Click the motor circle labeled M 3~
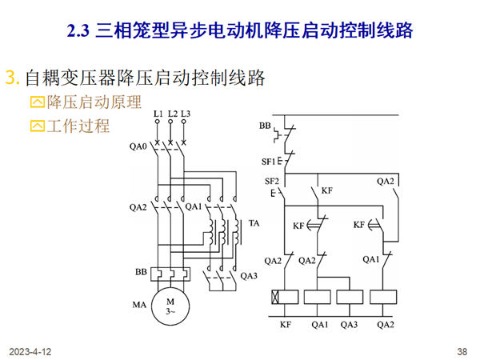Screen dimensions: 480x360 (170, 306)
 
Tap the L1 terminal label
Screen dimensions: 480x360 (158, 114)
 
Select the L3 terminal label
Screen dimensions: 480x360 (186, 114)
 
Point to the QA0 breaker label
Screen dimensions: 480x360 (138, 146)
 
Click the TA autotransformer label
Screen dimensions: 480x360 (254, 223)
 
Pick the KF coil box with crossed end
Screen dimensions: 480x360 (285, 297)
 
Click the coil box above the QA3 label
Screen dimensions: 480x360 (350, 297)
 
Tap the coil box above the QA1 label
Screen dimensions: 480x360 (318, 297)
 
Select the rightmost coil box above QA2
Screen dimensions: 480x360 (383, 297)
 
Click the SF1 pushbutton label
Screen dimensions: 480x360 (269, 162)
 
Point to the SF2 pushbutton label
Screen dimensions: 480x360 (272, 182)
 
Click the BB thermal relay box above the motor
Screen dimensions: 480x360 (170, 274)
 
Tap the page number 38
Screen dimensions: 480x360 (462, 352)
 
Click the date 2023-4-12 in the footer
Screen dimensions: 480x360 (30, 352)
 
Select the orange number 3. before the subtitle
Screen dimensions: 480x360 (13, 78)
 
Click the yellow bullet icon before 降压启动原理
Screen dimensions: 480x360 (38, 102)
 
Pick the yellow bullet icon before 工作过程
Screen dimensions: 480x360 (38, 126)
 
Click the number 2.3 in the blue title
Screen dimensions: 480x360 (78, 31)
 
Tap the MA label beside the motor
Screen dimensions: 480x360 (139, 305)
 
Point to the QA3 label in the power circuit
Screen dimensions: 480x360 (249, 276)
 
